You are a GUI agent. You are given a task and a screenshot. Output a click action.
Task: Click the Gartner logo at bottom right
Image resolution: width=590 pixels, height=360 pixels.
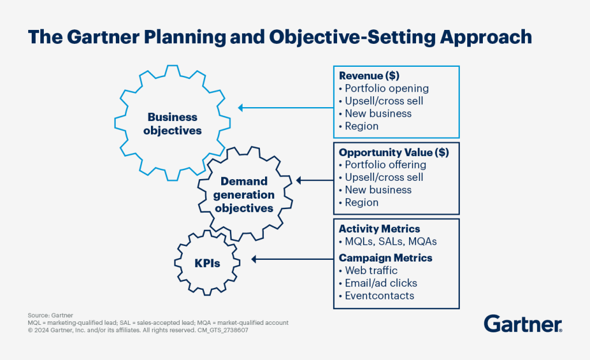(x=523, y=324)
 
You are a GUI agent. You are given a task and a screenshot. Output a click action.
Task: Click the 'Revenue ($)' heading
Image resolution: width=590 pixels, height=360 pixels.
(x=369, y=75)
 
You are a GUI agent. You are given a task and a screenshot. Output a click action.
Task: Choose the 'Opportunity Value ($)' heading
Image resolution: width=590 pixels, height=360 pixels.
(x=394, y=152)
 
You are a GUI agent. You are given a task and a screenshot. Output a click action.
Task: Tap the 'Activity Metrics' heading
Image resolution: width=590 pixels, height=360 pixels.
(x=379, y=229)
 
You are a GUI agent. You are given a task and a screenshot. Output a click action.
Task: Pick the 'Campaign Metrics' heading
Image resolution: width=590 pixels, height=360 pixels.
(x=385, y=257)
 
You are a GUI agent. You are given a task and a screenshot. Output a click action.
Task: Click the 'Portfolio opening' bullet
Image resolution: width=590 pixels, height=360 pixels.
(x=386, y=88)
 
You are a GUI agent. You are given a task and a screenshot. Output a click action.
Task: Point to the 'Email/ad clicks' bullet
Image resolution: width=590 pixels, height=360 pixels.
(x=380, y=283)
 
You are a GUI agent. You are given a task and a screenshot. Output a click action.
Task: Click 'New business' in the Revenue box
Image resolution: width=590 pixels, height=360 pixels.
(x=378, y=113)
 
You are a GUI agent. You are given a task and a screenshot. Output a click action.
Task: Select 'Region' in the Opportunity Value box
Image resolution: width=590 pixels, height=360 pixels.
(x=361, y=202)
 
